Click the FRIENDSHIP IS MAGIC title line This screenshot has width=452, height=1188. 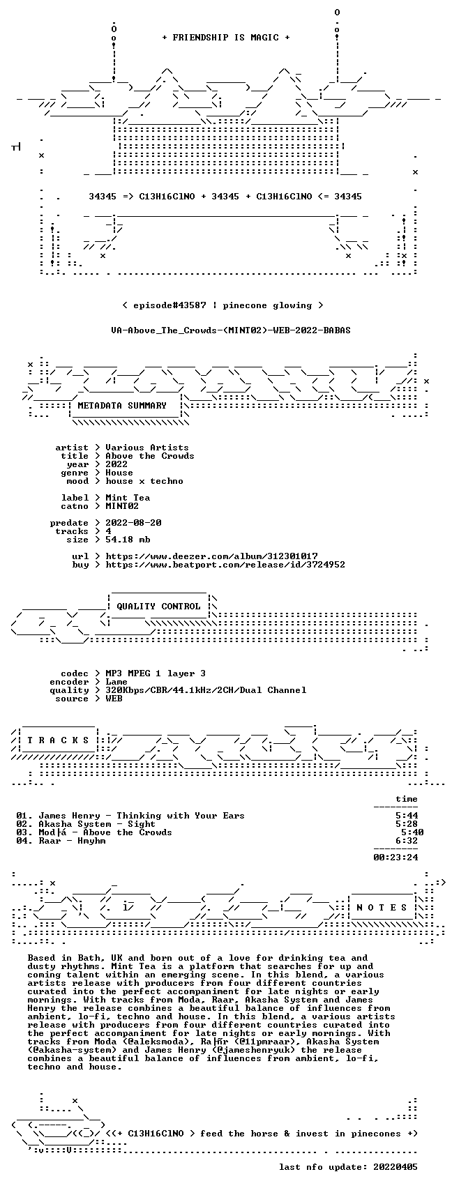point(226,38)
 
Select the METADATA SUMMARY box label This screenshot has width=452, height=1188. point(122,406)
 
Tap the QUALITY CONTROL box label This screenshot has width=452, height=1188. point(158,606)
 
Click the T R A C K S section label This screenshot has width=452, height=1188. point(59,740)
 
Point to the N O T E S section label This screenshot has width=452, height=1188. point(382,908)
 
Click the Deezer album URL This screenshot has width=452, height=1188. point(211,556)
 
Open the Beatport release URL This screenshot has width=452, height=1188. point(225,565)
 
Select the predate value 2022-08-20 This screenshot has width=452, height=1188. point(133,523)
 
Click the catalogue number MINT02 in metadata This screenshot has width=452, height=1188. point(122,506)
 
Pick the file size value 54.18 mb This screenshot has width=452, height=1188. point(128,540)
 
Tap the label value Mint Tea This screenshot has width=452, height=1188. point(128,498)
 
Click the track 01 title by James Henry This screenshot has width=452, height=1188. point(142,816)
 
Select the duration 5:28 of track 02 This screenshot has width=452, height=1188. point(407,824)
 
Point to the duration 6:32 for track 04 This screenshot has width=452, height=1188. point(407,841)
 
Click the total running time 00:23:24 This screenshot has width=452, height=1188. point(395,857)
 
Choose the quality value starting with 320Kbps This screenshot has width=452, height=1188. point(206,690)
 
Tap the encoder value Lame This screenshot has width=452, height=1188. point(116,682)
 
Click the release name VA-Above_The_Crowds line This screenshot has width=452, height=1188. point(231,330)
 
